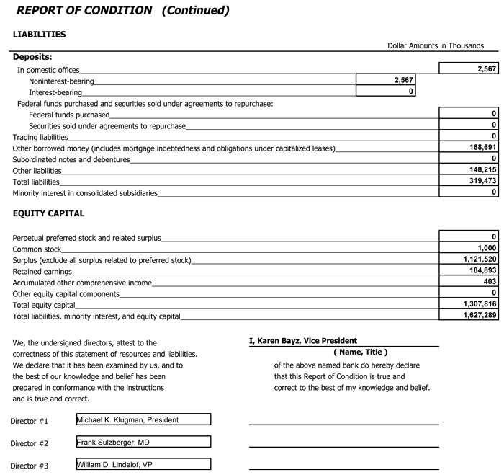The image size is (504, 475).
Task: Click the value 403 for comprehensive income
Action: [x=489, y=282]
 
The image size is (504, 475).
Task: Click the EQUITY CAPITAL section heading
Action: [x=48, y=213]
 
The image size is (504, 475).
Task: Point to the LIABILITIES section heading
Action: [x=40, y=34]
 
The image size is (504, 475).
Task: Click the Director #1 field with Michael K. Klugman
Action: [x=143, y=419]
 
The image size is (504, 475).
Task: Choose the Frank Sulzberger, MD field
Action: [x=143, y=443]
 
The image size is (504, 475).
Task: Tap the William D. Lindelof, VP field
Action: [x=143, y=465]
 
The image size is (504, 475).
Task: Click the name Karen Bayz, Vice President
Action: [x=303, y=341]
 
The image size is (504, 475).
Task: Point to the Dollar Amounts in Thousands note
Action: [x=435, y=45]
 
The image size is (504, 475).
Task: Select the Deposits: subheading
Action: [x=32, y=57]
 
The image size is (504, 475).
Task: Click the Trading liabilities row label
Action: [x=40, y=137]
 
